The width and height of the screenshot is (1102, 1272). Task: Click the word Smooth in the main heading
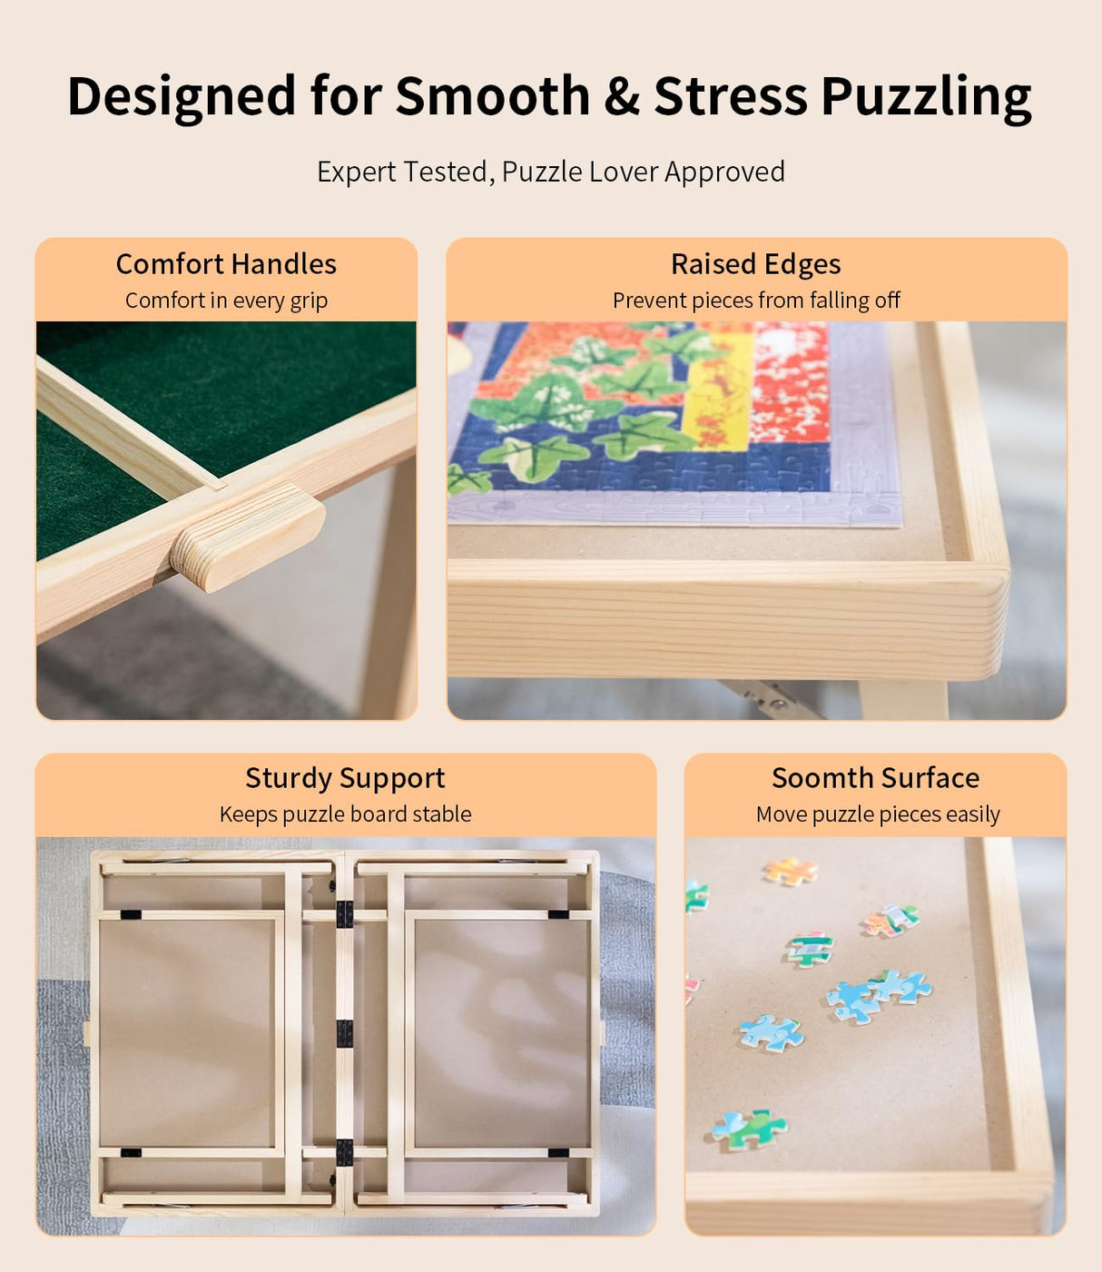492,96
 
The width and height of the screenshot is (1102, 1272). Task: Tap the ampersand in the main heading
622,96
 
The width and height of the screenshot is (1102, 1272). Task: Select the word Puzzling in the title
926,98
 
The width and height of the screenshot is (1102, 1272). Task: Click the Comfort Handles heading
226,264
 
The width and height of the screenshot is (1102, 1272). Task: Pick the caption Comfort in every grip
226,301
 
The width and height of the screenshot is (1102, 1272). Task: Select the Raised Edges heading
755,264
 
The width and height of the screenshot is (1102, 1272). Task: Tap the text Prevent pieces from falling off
755,301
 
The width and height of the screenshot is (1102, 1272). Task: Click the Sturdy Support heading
345,778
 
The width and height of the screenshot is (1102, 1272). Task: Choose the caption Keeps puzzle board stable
345,814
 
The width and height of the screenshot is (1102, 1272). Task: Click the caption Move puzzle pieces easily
877,814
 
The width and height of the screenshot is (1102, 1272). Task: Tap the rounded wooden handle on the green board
247,536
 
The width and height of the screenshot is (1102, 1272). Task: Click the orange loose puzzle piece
790,872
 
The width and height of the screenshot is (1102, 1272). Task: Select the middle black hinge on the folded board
344,1033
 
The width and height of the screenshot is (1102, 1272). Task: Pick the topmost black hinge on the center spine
344,913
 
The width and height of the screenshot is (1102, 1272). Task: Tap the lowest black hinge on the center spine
344,1152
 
